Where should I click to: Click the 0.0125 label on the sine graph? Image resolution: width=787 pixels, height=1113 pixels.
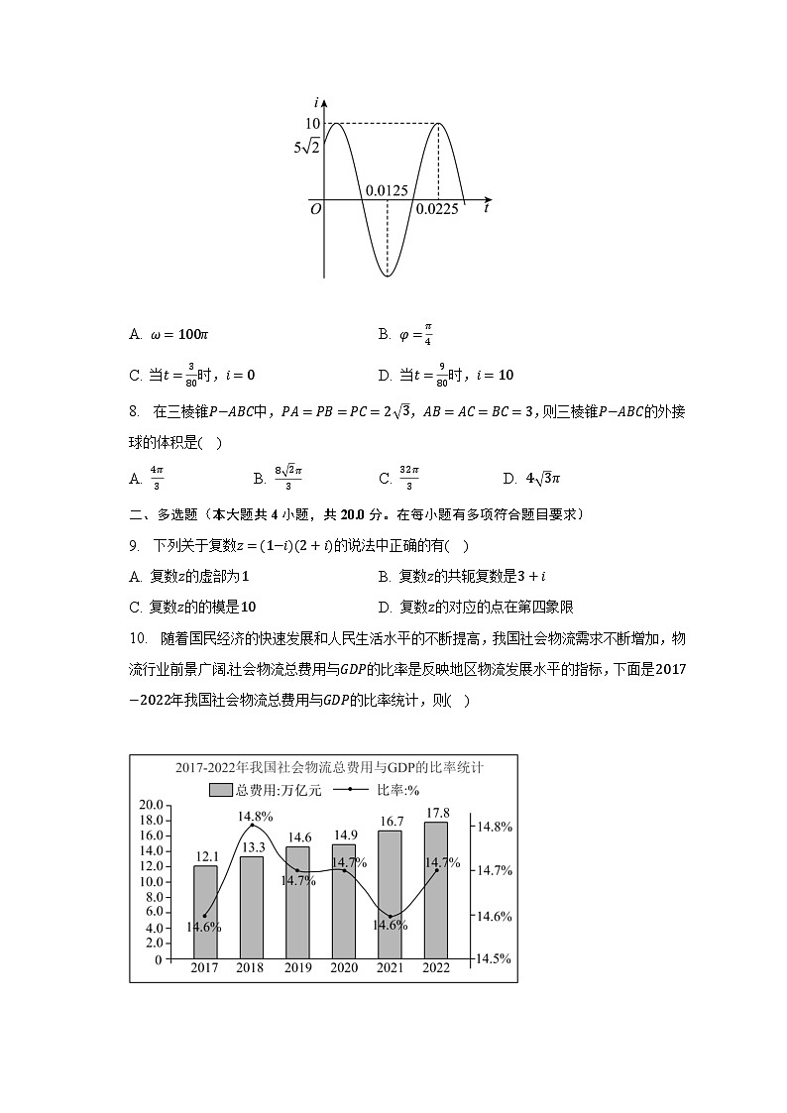click(x=387, y=190)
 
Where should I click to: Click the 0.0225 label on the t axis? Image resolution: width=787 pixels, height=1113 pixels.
click(x=437, y=209)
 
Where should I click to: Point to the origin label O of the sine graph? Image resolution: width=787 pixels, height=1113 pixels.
click(x=315, y=209)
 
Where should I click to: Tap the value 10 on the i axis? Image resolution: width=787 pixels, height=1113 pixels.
click(x=312, y=123)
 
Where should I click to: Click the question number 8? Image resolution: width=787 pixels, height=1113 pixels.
click(x=135, y=411)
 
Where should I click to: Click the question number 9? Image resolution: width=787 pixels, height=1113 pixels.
click(x=135, y=546)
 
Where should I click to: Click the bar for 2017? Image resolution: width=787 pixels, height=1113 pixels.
click(x=205, y=912)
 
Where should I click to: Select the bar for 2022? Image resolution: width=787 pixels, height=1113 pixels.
click(x=436, y=890)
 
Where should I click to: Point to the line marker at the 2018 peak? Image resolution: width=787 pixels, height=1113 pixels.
click(x=252, y=825)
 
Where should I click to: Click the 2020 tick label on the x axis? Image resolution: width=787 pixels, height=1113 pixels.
click(x=344, y=968)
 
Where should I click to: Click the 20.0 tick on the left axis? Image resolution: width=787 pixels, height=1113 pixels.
click(x=151, y=805)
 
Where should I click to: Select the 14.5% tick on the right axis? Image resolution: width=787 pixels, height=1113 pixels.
click(x=495, y=958)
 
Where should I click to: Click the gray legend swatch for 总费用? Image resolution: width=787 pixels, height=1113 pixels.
click(x=221, y=790)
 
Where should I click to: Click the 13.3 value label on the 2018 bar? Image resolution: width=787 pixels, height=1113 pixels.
click(x=252, y=846)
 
